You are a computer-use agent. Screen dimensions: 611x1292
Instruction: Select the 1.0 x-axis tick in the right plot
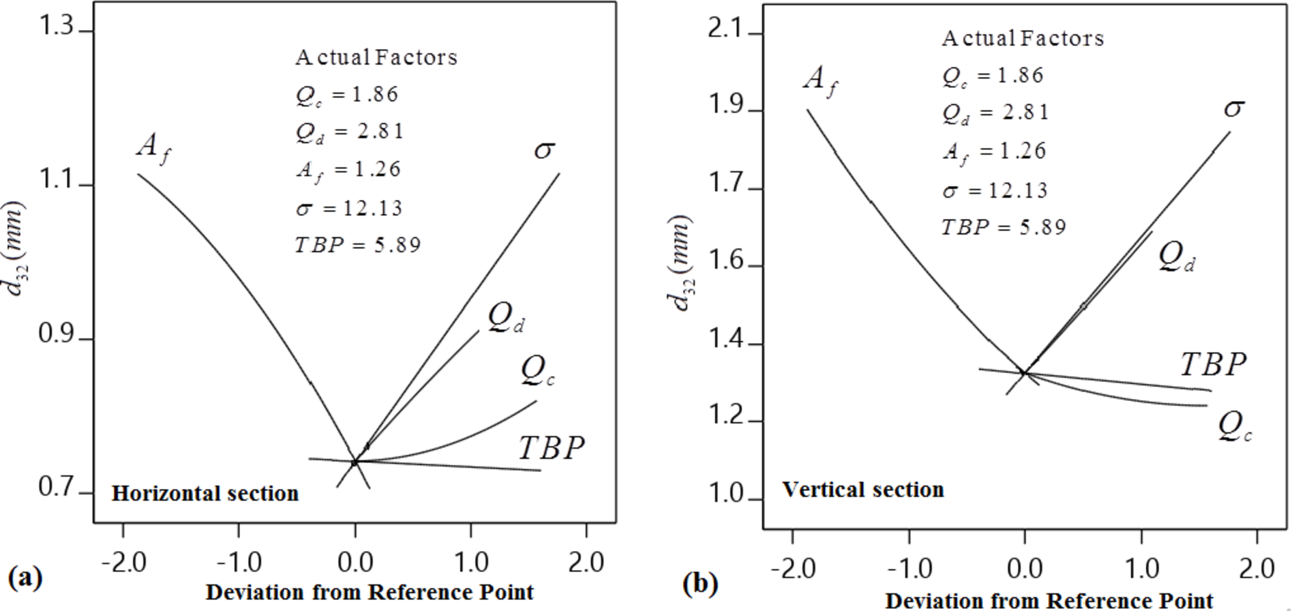[x=1141, y=568]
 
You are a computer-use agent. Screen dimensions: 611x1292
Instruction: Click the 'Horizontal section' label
[x=205, y=493]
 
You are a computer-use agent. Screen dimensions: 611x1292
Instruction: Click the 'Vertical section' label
[x=862, y=489]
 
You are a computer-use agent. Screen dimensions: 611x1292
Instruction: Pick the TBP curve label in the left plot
[x=551, y=448]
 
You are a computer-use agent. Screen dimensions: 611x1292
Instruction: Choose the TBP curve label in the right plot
[x=1213, y=365]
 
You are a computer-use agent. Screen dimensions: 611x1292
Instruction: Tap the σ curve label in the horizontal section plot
[x=543, y=149]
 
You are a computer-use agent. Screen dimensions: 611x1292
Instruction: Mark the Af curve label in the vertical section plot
[x=821, y=80]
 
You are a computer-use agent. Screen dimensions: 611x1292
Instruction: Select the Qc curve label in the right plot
[x=1234, y=427]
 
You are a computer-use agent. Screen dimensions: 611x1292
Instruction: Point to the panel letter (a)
[x=25, y=577]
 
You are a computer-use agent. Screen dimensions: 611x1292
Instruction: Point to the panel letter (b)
[x=700, y=583]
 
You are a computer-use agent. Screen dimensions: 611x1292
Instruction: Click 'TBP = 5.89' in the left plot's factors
[x=357, y=244]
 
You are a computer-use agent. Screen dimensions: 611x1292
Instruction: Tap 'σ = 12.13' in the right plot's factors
[x=995, y=190]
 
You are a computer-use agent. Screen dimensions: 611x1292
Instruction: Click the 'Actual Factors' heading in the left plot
[x=376, y=57]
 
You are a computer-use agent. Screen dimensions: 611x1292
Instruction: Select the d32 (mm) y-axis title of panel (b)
[x=681, y=263]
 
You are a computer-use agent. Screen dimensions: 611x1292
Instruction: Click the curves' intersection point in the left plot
[x=355, y=462]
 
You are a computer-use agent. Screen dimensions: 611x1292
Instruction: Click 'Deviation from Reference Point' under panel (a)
[x=369, y=592]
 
